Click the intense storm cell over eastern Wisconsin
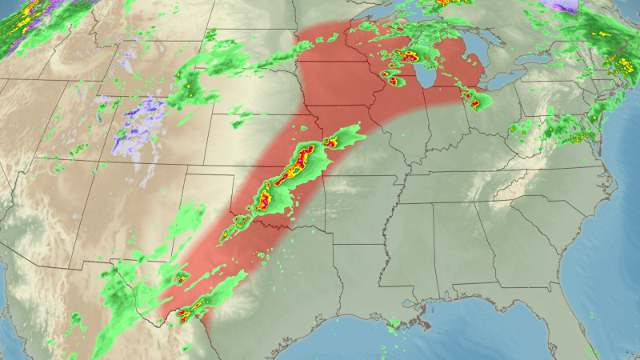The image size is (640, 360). click(409, 57)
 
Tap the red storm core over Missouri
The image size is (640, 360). click(330, 143)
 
